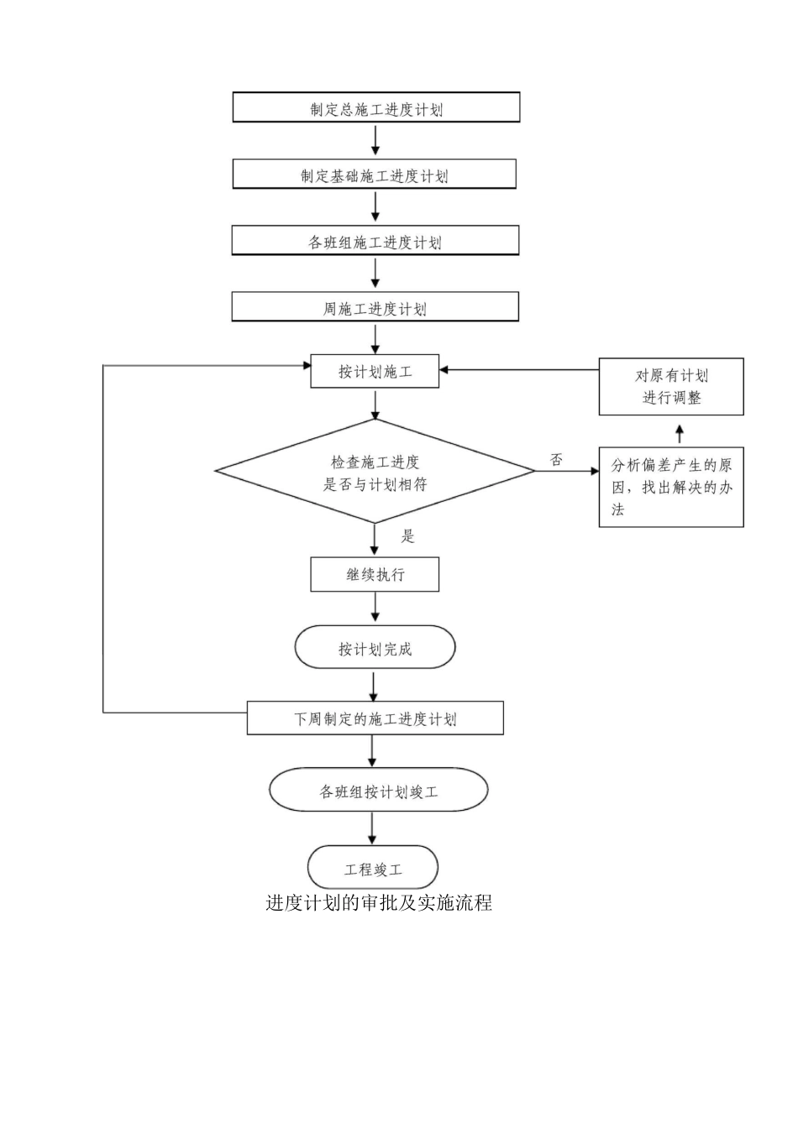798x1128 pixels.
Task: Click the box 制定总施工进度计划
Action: [375, 108]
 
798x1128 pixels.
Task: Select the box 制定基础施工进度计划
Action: [374, 175]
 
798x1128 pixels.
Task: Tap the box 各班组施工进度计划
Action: [375, 242]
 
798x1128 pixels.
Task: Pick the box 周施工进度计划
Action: [375, 307]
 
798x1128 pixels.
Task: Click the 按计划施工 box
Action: [375, 371]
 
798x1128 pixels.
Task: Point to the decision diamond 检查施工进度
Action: [375, 473]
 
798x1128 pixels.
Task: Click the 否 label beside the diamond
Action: [556, 459]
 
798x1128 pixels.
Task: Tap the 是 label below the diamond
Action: [407, 536]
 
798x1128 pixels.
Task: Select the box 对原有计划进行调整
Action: [670, 386]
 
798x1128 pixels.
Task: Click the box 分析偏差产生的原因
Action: [670, 487]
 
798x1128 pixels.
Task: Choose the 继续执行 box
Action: [375, 575]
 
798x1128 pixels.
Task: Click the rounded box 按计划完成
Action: [375, 648]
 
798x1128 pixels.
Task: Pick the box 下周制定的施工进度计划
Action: [375, 718]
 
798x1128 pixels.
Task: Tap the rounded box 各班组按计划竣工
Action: [378, 791]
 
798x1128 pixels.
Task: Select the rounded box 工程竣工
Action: [373, 868]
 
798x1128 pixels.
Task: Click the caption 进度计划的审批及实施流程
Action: [379, 903]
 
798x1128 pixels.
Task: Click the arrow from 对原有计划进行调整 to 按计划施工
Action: [518, 369]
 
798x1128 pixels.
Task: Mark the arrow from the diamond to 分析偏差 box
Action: [566, 472]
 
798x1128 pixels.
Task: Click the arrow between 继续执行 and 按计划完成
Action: [375, 608]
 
